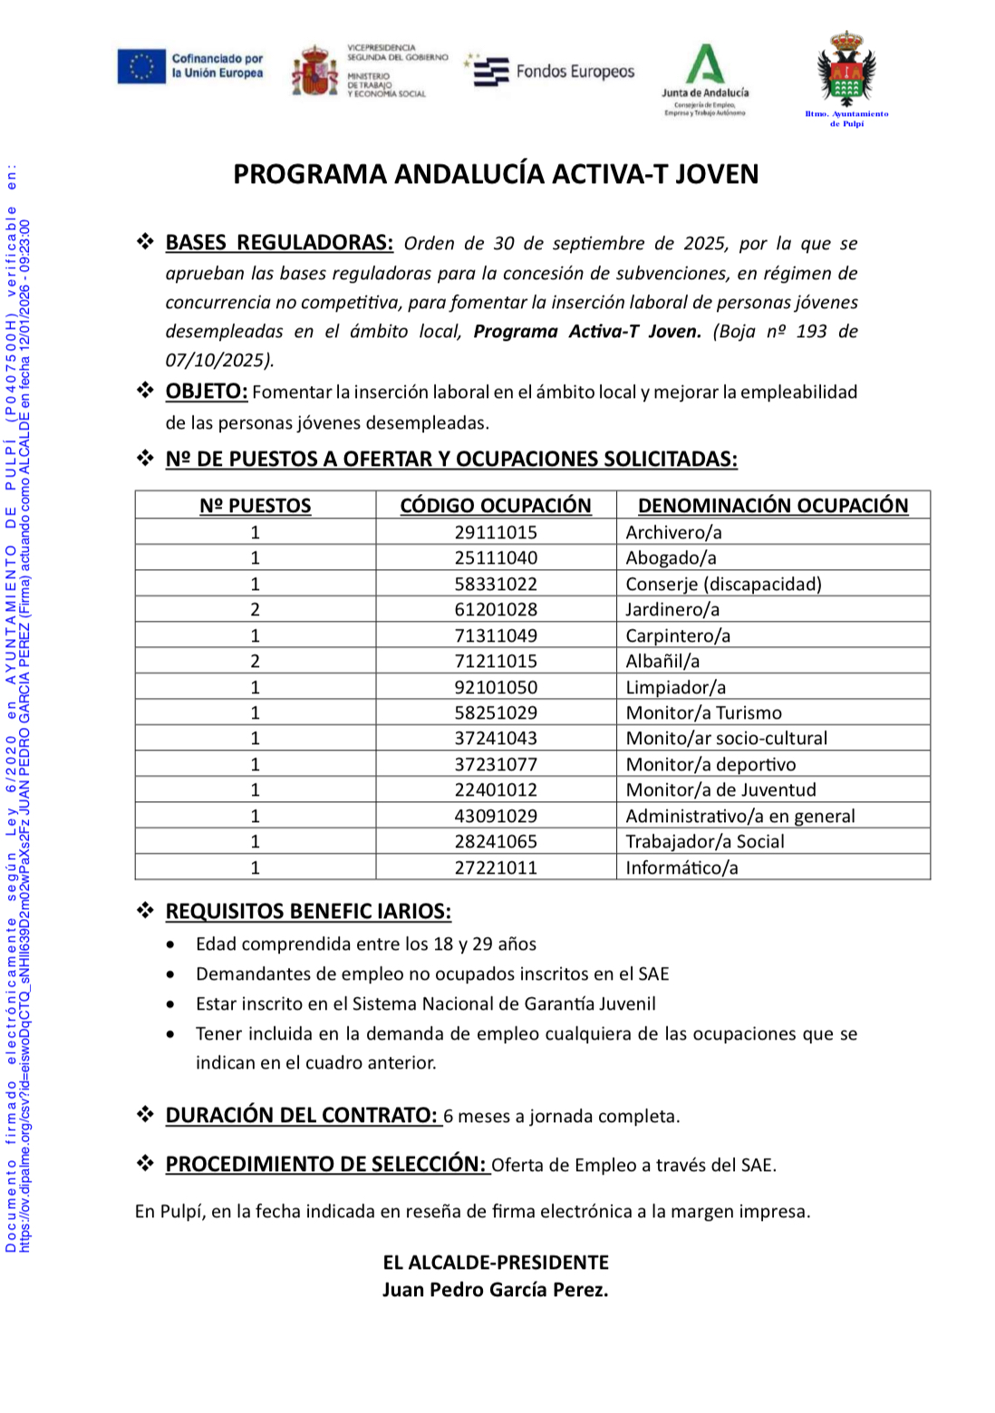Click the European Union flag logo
point(141,66)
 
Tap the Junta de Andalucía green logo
point(705,65)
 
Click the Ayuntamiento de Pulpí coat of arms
point(847,68)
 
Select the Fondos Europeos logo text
point(575,72)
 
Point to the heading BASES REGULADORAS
point(279,243)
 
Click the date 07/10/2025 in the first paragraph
point(217,361)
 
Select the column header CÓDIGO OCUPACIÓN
point(496,506)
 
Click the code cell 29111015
point(496,532)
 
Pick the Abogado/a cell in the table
point(671,558)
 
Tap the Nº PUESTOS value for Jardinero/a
point(256,610)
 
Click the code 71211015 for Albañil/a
point(496,662)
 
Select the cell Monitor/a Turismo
point(703,713)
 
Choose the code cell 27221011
point(496,868)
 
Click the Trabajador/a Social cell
point(705,842)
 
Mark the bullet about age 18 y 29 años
point(366,944)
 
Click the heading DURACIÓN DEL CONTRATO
point(302,1116)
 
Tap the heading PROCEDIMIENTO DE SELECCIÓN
point(326,1165)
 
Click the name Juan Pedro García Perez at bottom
point(495,1290)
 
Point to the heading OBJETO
point(207,392)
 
